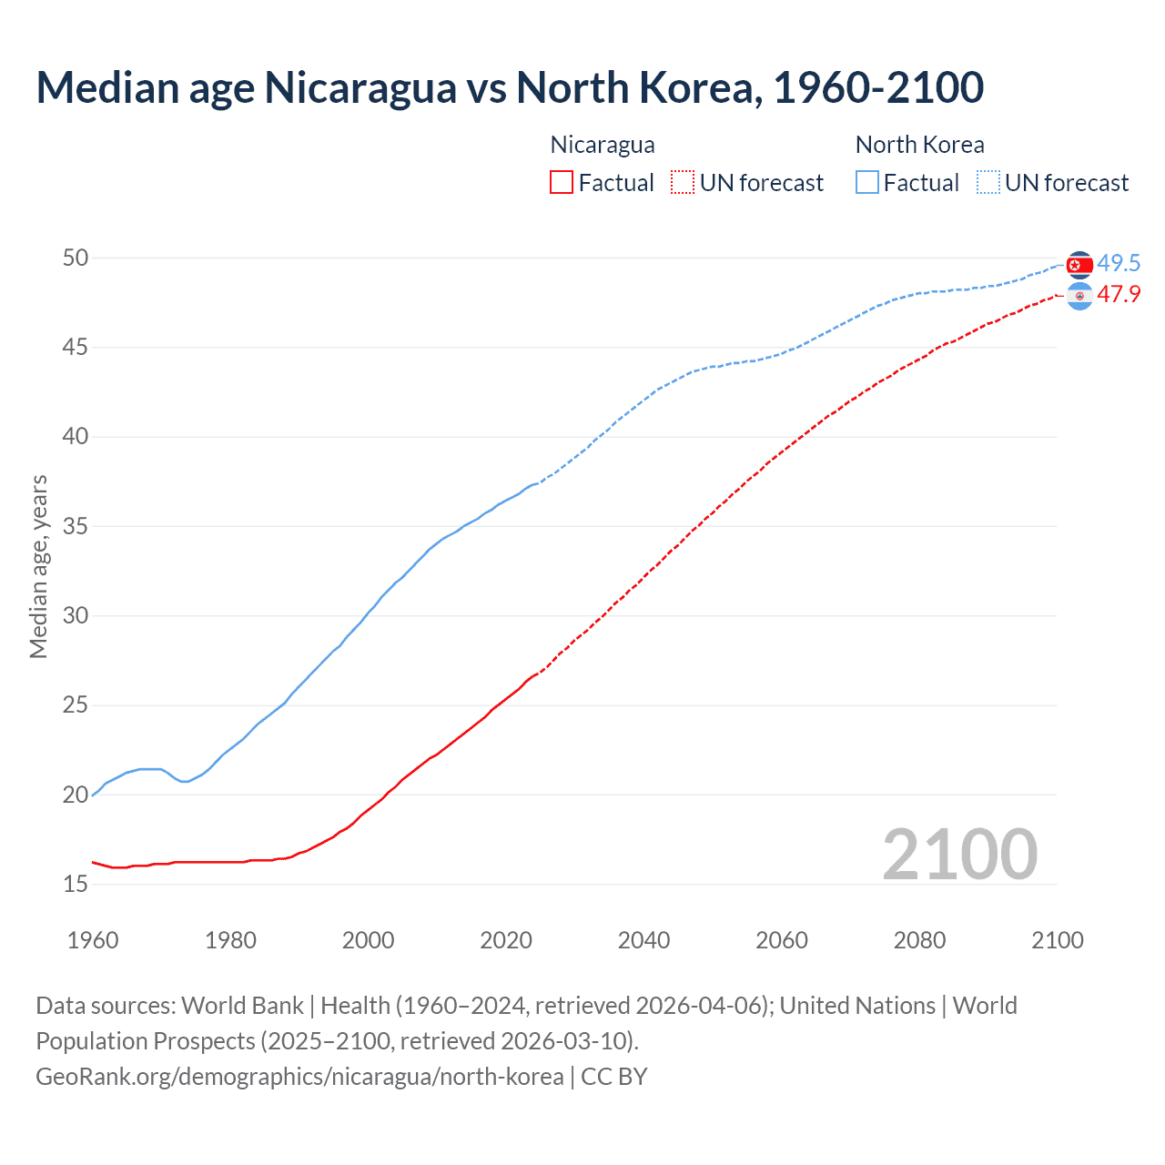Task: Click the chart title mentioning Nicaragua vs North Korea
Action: click(x=510, y=88)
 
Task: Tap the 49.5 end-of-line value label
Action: click(x=1119, y=264)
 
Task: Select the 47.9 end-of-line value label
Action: click(x=1119, y=295)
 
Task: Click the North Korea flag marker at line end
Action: click(x=1079, y=265)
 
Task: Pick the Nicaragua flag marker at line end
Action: click(x=1079, y=296)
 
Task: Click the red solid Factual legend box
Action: click(x=562, y=183)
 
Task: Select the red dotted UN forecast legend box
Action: click(x=683, y=183)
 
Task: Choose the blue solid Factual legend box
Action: click(x=867, y=183)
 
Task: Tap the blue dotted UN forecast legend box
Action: click(x=988, y=183)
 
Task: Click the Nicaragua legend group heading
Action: click(x=603, y=145)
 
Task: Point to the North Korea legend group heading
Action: click(x=919, y=145)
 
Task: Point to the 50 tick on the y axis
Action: click(x=76, y=258)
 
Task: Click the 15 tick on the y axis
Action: click(x=76, y=885)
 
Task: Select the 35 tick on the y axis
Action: click(x=76, y=527)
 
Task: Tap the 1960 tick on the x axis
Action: click(x=93, y=940)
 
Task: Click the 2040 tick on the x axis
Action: click(x=643, y=940)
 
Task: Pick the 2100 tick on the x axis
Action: click(x=1057, y=940)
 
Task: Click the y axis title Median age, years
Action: click(x=38, y=566)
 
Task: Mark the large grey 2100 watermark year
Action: click(x=959, y=855)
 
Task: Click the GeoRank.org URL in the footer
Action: click(x=299, y=1077)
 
